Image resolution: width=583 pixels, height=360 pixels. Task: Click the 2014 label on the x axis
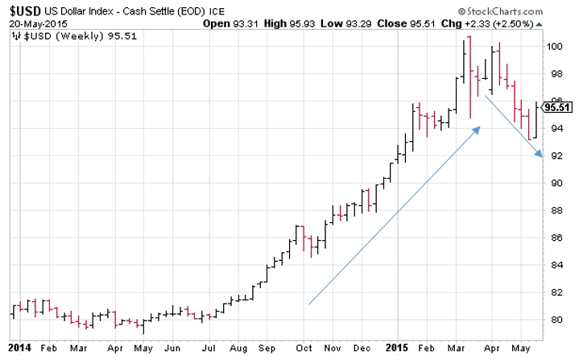pos(19,348)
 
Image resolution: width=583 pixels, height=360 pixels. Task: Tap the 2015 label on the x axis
pos(399,348)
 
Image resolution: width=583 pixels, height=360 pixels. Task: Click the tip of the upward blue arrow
pos(481,126)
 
